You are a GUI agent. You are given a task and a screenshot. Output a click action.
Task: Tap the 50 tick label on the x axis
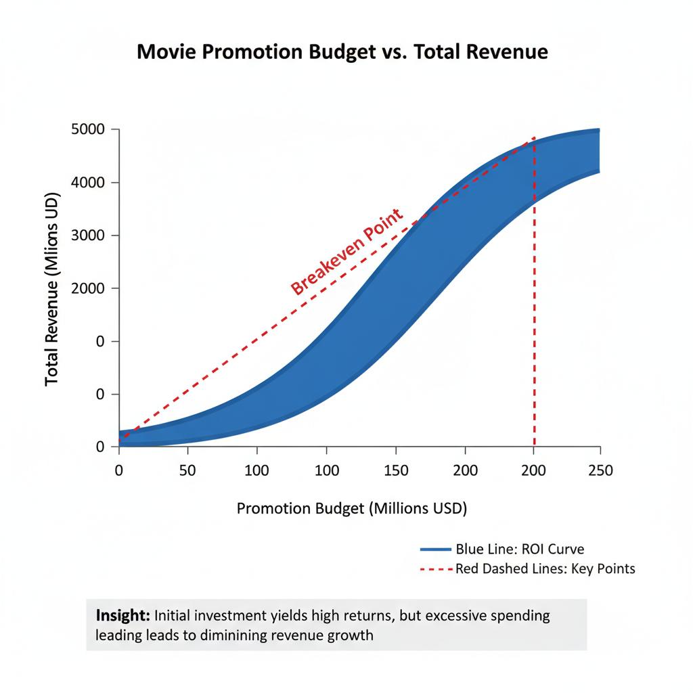pos(188,470)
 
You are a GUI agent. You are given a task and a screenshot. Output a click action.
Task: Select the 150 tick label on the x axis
pos(396,470)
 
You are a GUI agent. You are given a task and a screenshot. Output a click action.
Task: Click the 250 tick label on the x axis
pos(600,470)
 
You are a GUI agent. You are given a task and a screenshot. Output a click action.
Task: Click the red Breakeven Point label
pos(346,252)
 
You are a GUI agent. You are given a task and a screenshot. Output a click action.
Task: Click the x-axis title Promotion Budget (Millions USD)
pos(352,508)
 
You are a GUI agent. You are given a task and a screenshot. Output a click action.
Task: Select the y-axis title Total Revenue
pos(52,291)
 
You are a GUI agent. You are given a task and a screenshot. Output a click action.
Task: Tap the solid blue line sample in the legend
pos(435,549)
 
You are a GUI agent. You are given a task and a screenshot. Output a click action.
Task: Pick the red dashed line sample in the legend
pos(435,569)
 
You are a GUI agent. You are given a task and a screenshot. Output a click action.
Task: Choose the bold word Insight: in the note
pos(123,616)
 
